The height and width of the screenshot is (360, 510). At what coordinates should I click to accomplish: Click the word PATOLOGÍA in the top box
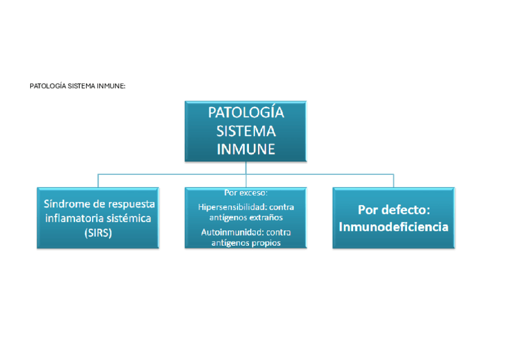245,113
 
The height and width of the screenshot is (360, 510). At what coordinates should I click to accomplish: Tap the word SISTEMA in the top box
245,131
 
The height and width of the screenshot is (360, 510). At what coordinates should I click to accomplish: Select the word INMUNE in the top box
245,149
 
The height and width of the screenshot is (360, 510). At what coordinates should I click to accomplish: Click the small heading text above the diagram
78,86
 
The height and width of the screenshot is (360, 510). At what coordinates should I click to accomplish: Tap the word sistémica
128,219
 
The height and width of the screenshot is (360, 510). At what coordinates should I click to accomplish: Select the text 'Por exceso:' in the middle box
245,193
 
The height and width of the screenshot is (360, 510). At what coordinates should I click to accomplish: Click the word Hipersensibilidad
233,207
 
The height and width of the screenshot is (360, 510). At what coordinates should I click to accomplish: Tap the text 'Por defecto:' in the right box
393,210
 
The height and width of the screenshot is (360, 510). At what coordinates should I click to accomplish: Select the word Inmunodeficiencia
393,227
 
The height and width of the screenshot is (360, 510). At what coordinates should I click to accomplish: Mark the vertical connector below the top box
246,168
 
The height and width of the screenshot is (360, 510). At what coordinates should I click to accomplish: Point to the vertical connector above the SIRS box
98,181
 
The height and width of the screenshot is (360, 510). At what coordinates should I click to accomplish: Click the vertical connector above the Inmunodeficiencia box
393,181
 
